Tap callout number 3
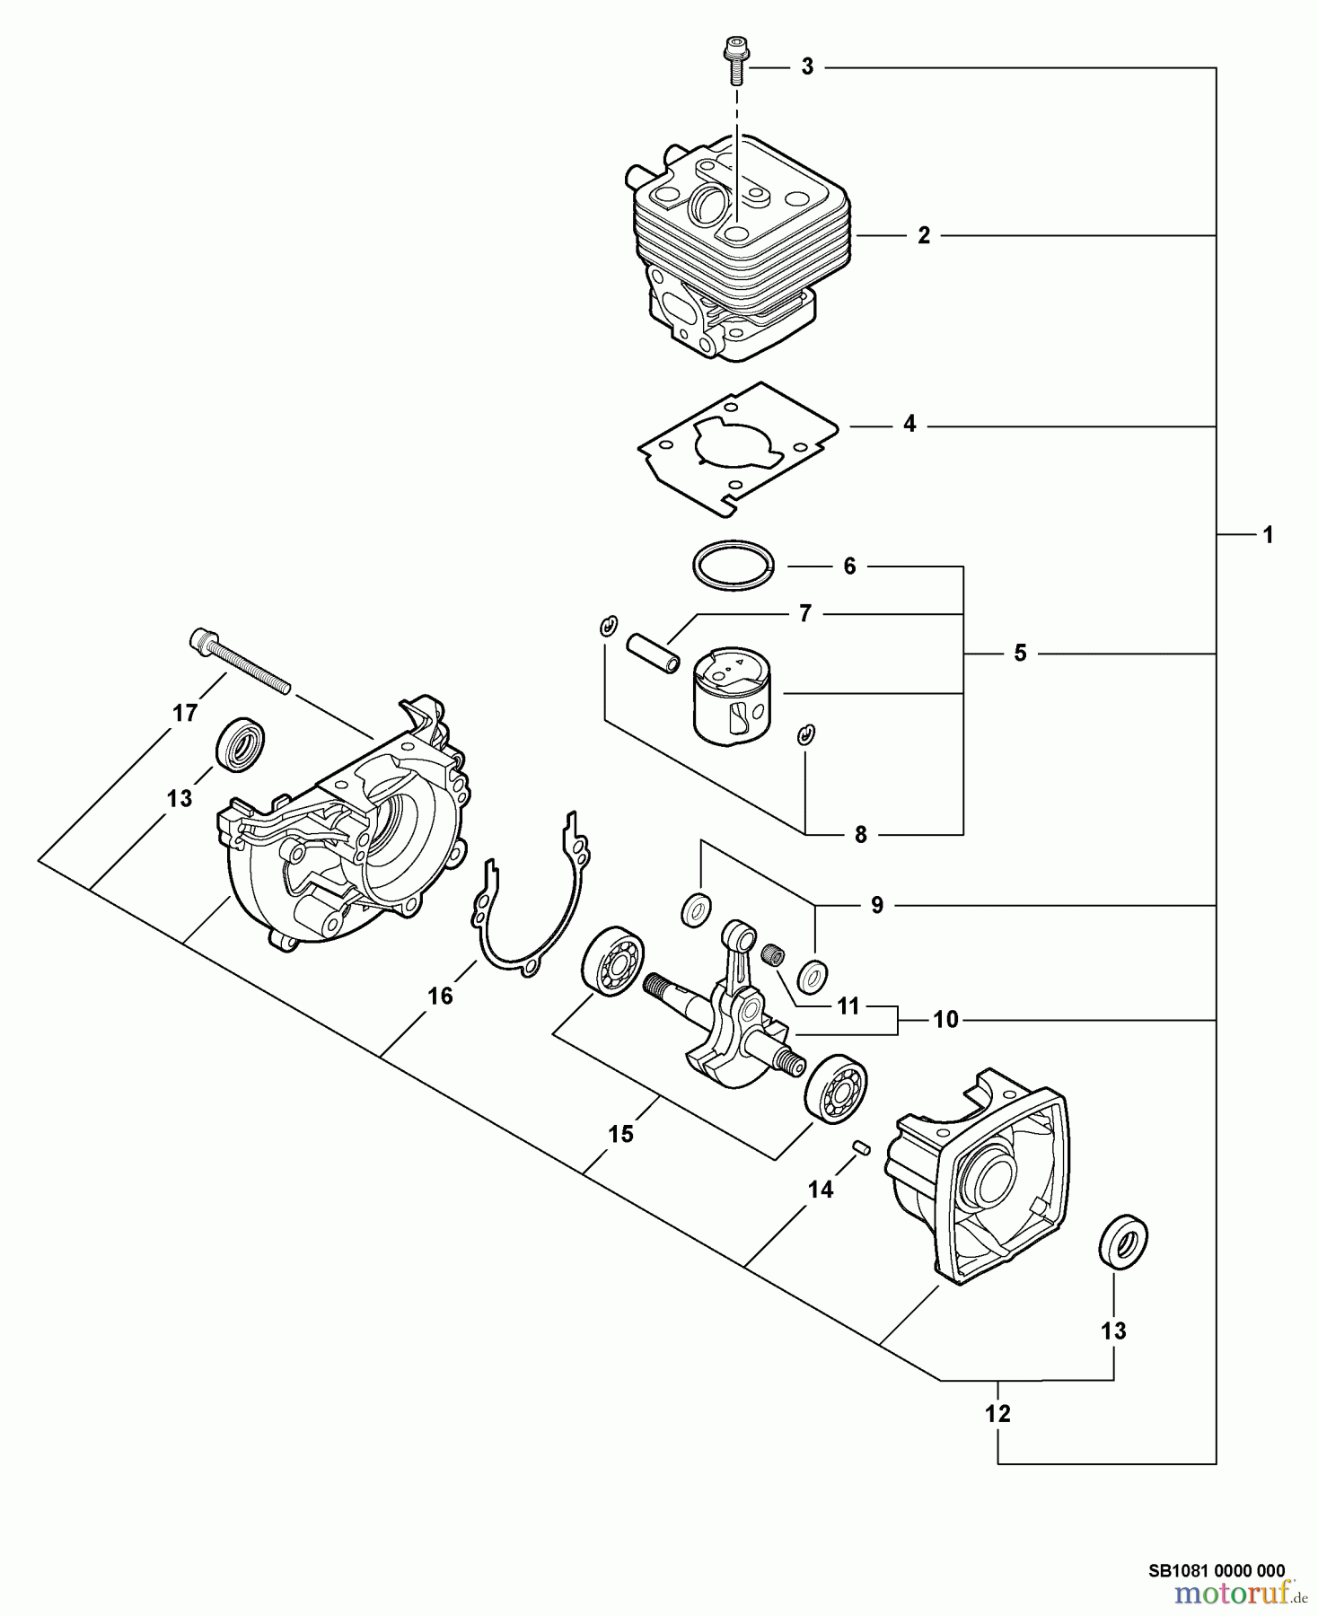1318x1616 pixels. point(807,67)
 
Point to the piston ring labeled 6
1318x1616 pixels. point(734,566)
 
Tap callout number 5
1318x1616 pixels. point(1020,654)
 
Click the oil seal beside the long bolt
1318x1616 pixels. point(241,744)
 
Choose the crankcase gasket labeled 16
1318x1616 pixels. point(530,898)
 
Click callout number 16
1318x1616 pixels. point(440,996)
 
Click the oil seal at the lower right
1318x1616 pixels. point(1123,1243)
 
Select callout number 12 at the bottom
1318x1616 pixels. point(997,1414)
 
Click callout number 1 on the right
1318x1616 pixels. point(1268,535)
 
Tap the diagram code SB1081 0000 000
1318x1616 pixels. point(1217,1571)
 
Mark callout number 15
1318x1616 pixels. point(620,1134)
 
